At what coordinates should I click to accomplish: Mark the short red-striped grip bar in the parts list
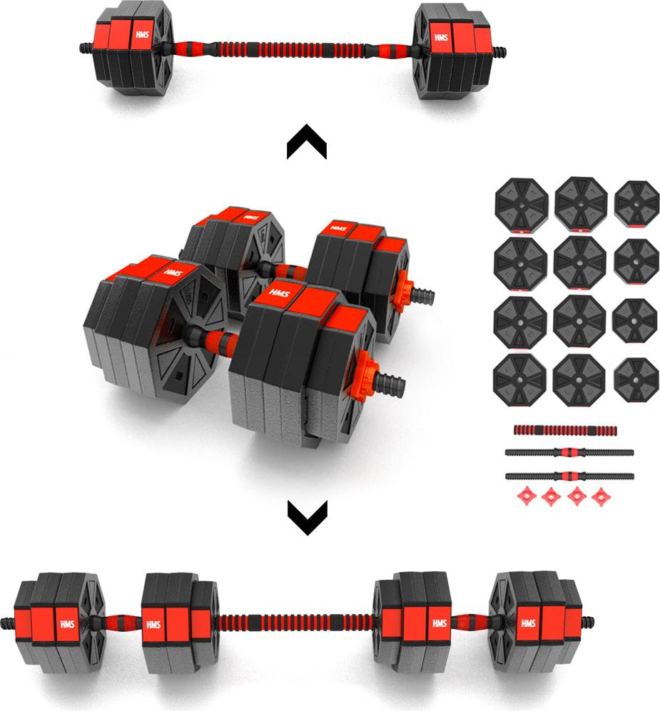tap(565, 430)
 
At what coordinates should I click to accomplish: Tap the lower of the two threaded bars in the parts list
tap(569, 476)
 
